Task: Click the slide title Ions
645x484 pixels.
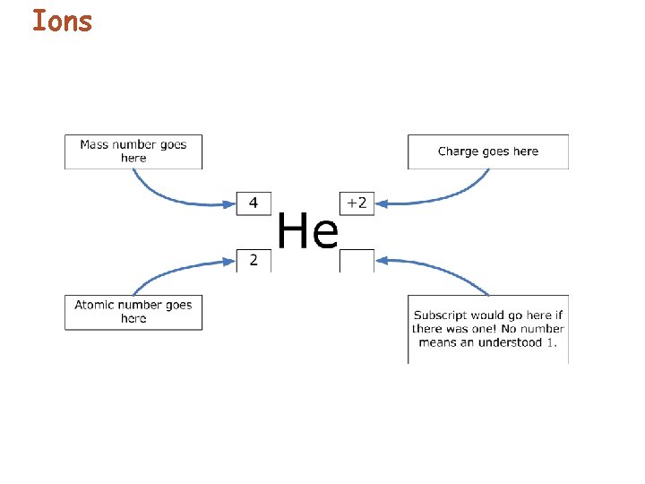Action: click(62, 21)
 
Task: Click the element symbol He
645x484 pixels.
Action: click(307, 232)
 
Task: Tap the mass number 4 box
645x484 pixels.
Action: click(254, 203)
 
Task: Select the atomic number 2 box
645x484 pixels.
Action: click(254, 261)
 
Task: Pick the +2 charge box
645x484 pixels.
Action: click(357, 203)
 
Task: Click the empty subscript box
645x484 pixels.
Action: click(357, 261)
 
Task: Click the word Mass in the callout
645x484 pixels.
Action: click(94, 144)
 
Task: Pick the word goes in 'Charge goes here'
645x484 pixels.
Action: click(498, 151)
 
